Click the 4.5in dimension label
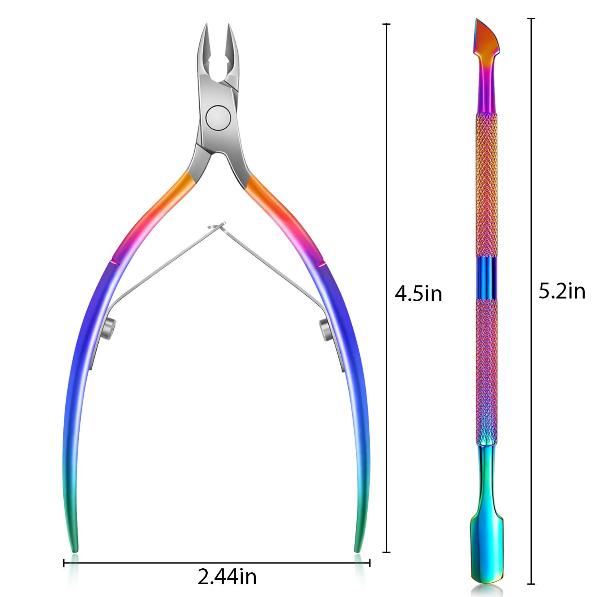[418, 294]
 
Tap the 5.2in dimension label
[562, 291]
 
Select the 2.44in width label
[227, 577]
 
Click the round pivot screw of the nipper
[218, 117]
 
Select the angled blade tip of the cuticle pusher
[483, 36]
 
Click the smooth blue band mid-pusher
[486, 277]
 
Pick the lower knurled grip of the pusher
[486, 370]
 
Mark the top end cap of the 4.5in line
[386, 24]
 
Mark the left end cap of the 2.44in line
[64, 563]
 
